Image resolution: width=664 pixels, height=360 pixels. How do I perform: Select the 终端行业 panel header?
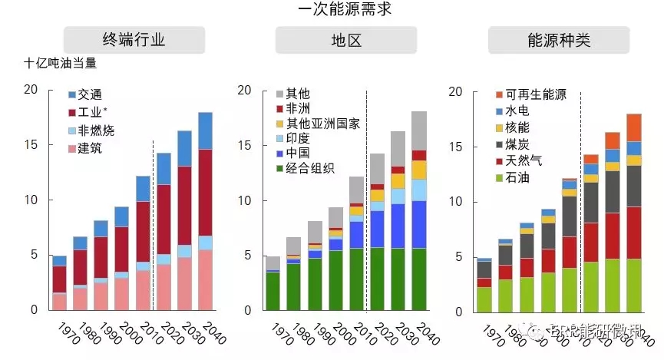pyautogui.click(x=134, y=40)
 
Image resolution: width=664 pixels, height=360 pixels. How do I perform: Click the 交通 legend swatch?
pyautogui.click(x=72, y=94)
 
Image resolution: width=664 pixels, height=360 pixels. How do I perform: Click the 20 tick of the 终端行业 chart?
pyautogui.click(x=30, y=90)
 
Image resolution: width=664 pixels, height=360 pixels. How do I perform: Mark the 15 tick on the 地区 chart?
pyautogui.click(x=242, y=145)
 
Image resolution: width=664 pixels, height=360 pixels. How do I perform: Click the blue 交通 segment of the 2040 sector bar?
pyautogui.click(x=205, y=130)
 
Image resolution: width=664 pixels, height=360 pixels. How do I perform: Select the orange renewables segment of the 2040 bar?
pyautogui.click(x=634, y=127)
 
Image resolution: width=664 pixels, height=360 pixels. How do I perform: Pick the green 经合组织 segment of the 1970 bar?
pyautogui.click(x=273, y=291)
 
